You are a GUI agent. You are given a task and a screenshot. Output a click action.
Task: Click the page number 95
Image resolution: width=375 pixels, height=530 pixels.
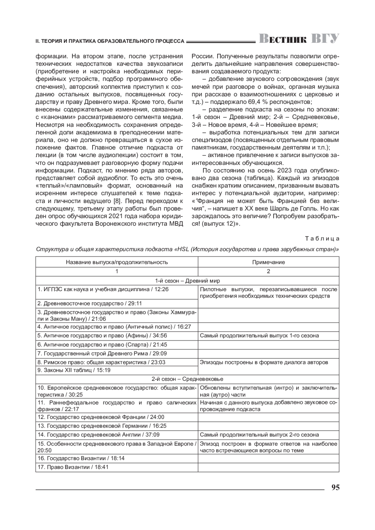click(335, 487)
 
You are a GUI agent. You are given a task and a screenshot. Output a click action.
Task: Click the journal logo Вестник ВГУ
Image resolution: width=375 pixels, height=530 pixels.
click(299, 39)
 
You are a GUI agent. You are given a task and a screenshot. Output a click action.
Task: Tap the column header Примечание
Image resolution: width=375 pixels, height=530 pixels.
click(268, 262)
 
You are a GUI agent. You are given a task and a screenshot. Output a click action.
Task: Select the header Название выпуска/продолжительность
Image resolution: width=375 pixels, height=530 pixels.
click(117, 262)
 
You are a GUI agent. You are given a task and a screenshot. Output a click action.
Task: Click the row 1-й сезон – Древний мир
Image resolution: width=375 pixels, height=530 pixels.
click(187, 281)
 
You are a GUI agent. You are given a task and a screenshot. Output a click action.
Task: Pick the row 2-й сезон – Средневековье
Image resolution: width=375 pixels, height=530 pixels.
click(187, 379)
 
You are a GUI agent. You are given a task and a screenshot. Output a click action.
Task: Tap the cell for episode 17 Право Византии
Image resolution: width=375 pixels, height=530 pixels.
click(73, 467)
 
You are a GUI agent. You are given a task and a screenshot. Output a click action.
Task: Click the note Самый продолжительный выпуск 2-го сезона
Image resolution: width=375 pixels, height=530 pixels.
click(259, 434)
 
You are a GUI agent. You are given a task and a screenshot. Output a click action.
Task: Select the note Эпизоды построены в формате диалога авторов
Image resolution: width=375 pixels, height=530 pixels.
click(264, 362)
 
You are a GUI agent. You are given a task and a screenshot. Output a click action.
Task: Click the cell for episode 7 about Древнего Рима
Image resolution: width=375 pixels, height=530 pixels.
click(102, 354)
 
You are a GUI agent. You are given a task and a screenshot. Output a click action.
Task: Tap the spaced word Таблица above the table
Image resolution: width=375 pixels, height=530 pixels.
click(322, 239)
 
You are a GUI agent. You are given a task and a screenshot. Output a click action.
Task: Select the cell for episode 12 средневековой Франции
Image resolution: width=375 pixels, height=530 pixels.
click(101, 417)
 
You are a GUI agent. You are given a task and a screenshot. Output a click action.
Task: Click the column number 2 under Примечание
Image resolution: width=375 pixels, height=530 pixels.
click(268, 271)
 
